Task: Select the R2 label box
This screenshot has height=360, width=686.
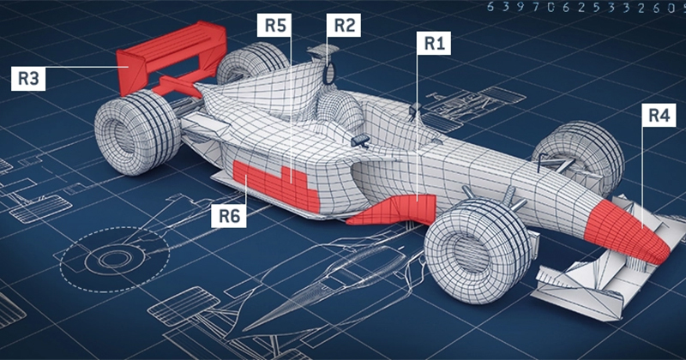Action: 344,25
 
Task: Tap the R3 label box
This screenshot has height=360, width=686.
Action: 28,79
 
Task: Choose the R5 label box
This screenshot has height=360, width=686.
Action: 274,25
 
